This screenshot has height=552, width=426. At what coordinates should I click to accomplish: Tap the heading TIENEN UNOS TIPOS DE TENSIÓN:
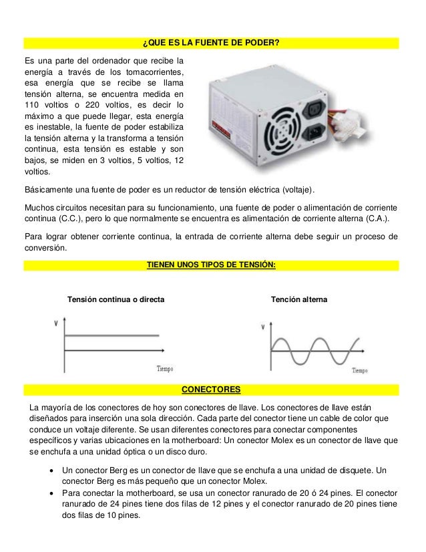(x=211, y=265)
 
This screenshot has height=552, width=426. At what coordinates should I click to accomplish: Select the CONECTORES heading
(x=212, y=390)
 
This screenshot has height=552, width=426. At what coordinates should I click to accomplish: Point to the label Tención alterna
(x=298, y=301)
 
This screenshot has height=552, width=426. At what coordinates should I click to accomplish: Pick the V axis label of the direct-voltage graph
(x=55, y=323)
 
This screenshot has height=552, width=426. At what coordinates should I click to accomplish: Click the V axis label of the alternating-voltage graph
(x=262, y=327)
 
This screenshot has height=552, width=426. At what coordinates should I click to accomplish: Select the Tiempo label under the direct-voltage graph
(x=165, y=368)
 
